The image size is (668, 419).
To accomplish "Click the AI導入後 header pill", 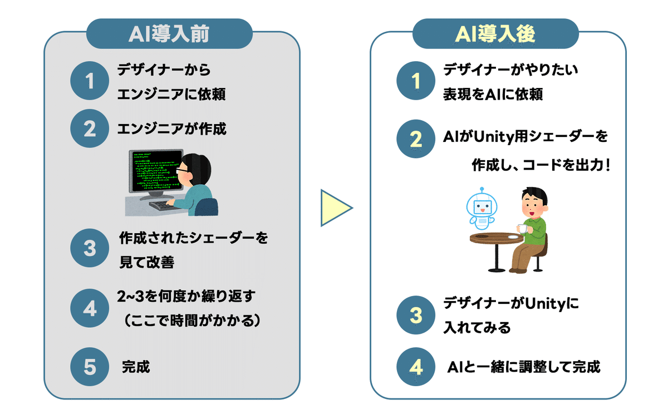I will [x=495, y=34].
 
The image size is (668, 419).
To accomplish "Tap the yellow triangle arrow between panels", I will [x=334, y=209].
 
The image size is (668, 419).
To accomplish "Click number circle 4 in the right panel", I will [x=416, y=367].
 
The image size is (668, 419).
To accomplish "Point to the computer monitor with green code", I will [x=155, y=170].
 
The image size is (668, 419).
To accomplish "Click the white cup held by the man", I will [x=522, y=228].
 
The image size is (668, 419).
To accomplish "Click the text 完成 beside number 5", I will [x=136, y=367].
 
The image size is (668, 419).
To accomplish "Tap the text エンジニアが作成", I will [x=172, y=129].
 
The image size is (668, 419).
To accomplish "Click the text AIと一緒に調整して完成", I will [x=524, y=367].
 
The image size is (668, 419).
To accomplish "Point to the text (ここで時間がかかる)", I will [x=191, y=321].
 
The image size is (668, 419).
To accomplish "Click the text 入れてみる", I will [x=477, y=328].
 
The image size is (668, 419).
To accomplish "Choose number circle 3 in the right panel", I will [x=416, y=316].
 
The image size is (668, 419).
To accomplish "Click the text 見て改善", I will [x=146, y=263].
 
